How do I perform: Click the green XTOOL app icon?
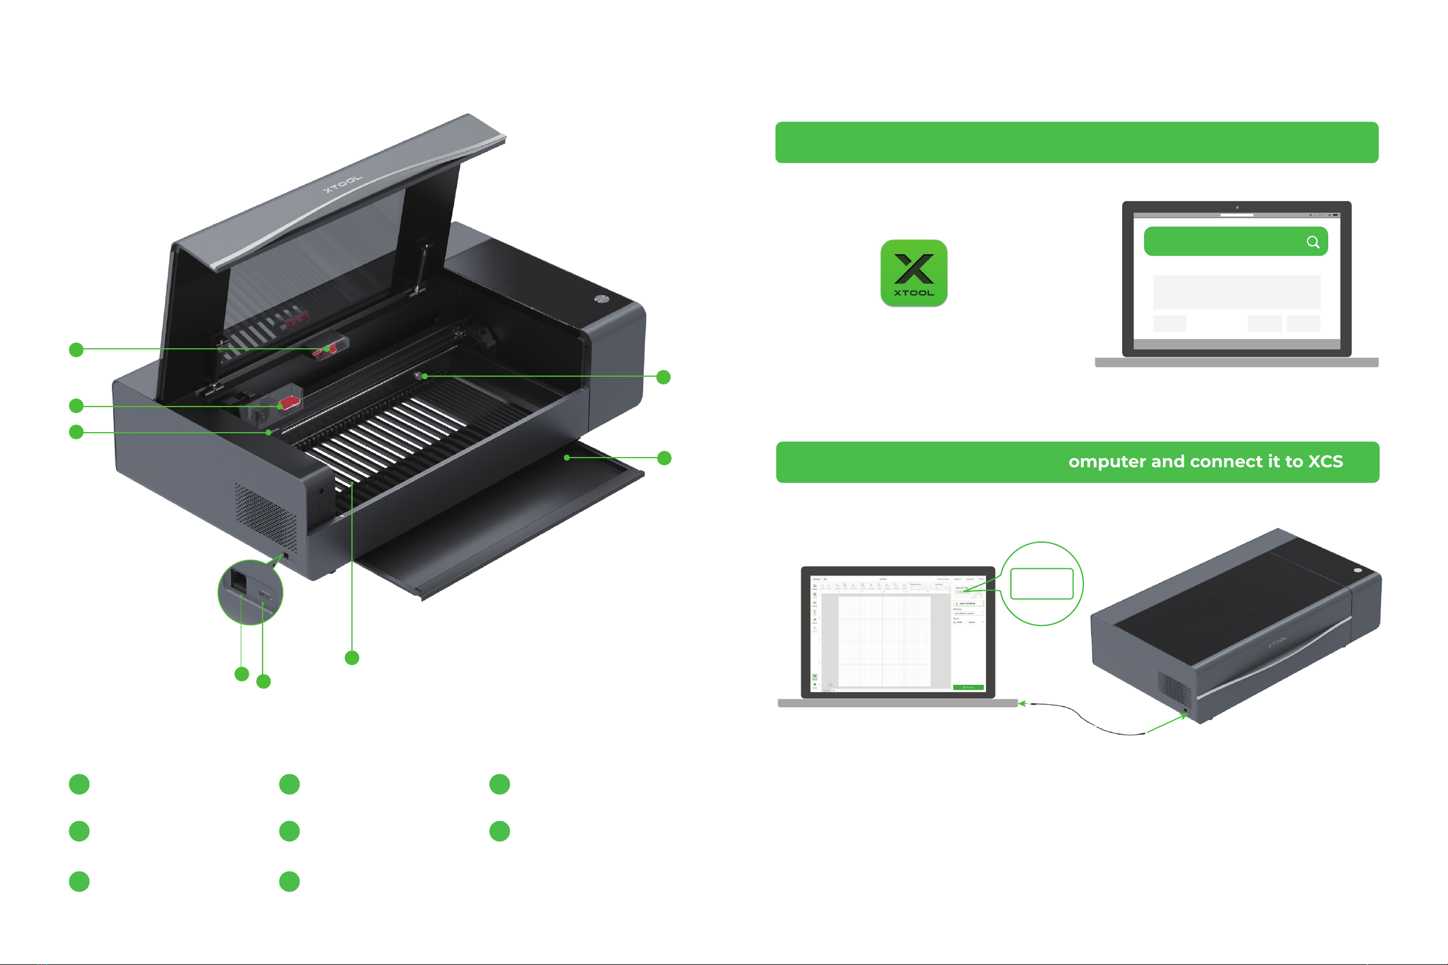(914, 273)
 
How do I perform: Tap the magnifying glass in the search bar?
(1312, 242)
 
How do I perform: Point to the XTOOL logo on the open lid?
(343, 184)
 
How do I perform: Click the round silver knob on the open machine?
(601, 299)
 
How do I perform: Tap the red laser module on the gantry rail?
(289, 403)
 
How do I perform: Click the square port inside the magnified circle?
(238, 580)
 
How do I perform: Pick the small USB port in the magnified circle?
(264, 595)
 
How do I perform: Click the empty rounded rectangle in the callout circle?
(1042, 583)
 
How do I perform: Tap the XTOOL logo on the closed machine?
(1277, 642)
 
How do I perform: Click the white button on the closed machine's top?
(1357, 571)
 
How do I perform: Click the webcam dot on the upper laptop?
(1237, 207)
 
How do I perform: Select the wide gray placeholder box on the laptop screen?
(1236, 292)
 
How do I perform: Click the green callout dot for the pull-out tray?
(664, 458)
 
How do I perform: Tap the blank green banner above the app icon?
(1076, 142)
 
